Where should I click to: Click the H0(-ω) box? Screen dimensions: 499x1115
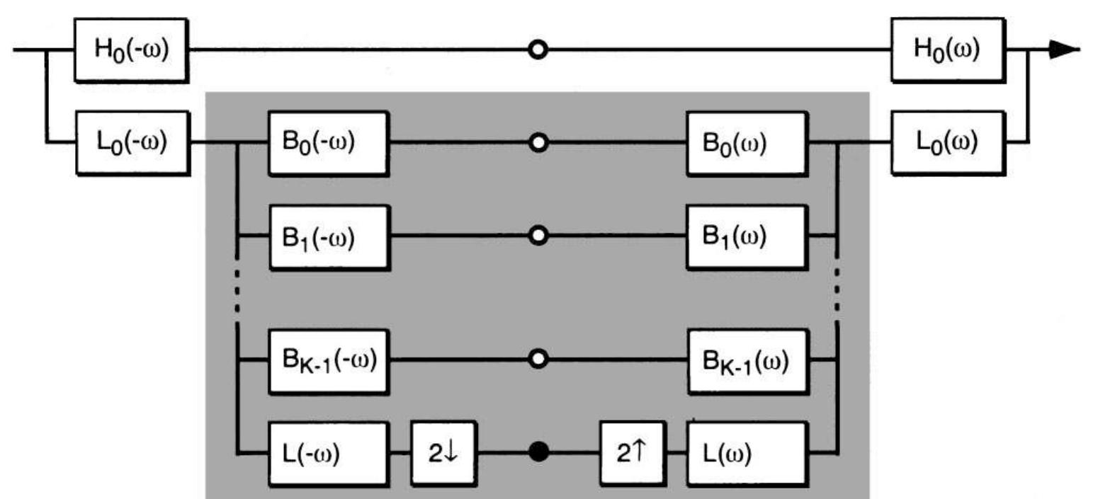(x=131, y=50)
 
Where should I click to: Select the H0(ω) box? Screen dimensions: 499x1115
(x=947, y=50)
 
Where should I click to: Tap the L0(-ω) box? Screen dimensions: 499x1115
(x=132, y=142)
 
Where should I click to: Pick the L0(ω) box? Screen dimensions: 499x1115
(x=947, y=142)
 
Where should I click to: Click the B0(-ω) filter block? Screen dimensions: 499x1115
(x=328, y=143)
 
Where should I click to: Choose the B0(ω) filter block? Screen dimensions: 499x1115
(x=747, y=143)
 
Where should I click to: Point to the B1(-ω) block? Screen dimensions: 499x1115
(x=328, y=237)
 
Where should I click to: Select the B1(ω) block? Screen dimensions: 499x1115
(x=747, y=237)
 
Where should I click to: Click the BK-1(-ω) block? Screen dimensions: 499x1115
(x=328, y=360)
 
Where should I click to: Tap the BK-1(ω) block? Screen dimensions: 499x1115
(x=747, y=361)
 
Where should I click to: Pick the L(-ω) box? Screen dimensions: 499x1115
(x=328, y=453)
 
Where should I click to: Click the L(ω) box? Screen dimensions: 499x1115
(x=747, y=453)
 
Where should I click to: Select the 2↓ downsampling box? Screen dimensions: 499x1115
(x=443, y=453)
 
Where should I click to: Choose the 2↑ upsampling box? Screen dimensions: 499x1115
(x=632, y=453)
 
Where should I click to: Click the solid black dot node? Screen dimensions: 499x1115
(x=538, y=452)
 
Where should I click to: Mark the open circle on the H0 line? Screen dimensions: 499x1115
(x=538, y=50)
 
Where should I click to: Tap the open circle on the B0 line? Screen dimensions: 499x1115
(x=538, y=143)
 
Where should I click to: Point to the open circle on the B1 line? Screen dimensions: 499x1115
(x=538, y=236)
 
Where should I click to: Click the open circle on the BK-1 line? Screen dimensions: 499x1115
(x=538, y=360)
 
